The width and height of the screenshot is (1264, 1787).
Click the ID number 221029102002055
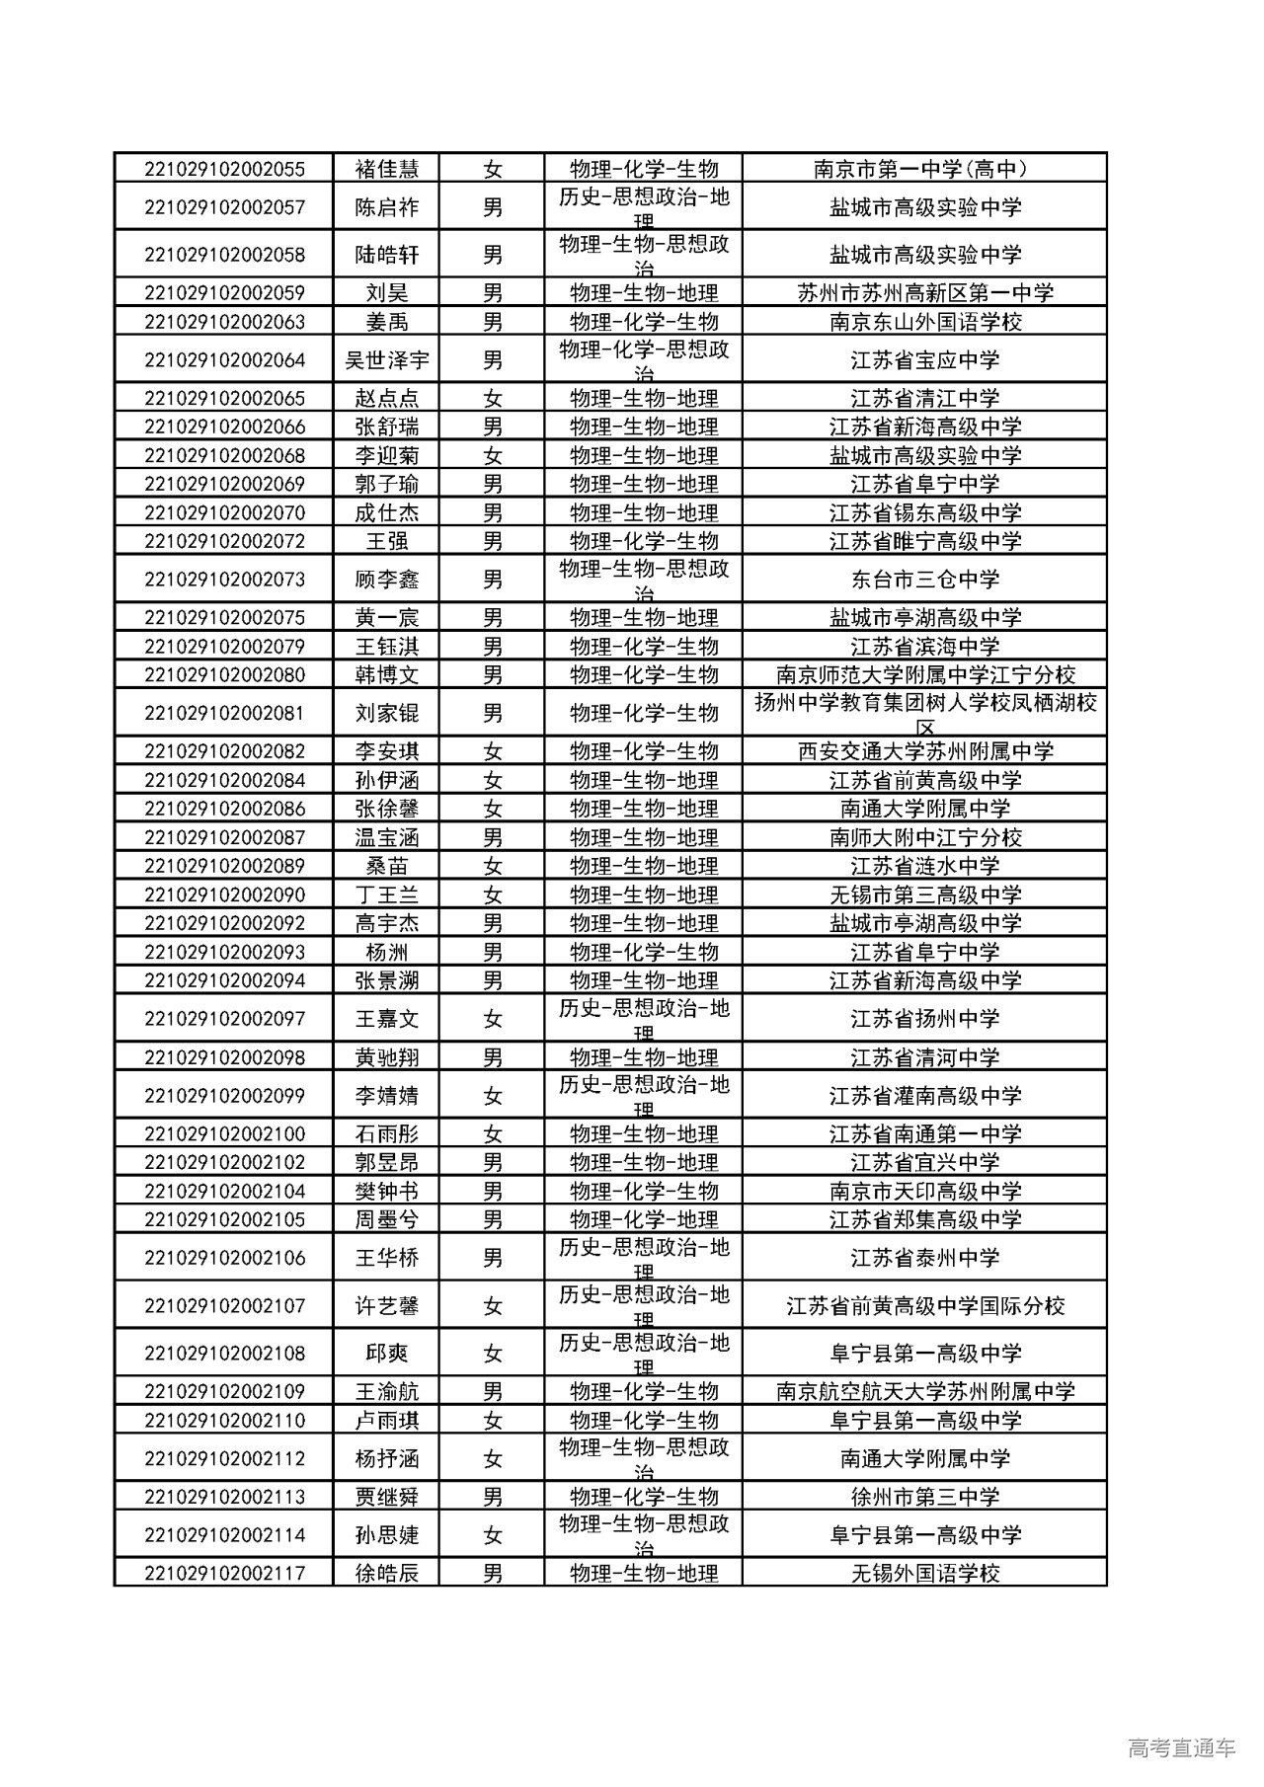pyautogui.click(x=224, y=169)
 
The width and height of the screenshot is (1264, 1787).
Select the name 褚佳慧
pyautogui.click(x=386, y=169)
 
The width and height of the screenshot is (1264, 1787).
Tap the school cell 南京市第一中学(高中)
pyautogui.click(x=924, y=169)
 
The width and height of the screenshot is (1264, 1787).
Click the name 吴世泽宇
pyautogui.click(x=386, y=360)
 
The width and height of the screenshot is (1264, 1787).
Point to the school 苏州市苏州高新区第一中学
pyautogui.click(x=924, y=293)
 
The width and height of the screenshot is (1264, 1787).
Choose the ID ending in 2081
pyautogui.click(x=224, y=713)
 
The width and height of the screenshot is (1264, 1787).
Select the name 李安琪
pyautogui.click(x=386, y=751)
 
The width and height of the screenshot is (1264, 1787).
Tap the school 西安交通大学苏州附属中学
pyautogui.click(x=924, y=751)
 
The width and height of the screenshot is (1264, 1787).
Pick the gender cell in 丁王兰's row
pyautogui.click(x=492, y=895)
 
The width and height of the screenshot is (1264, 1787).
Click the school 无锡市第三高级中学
pyautogui.click(x=924, y=895)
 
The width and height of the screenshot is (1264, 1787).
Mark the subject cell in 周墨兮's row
pyautogui.click(x=643, y=1220)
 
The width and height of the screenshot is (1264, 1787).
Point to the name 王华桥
pyautogui.click(x=386, y=1258)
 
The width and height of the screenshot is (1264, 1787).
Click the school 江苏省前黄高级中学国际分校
pyautogui.click(x=924, y=1306)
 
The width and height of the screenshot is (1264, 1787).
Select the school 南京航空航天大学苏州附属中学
pyautogui.click(x=924, y=1392)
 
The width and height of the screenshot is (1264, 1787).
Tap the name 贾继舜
pyautogui.click(x=386, y=1497)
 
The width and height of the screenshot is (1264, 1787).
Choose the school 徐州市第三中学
pyautogui.click(x=924, y=1497)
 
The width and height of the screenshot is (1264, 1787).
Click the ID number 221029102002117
pyautogui.click(x=224, y=1573)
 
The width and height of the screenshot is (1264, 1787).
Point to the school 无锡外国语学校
pyautogui.click(x=924, y=1573)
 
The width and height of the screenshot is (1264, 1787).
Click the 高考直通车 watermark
pyautogui.click(x=1180, y=1748)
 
